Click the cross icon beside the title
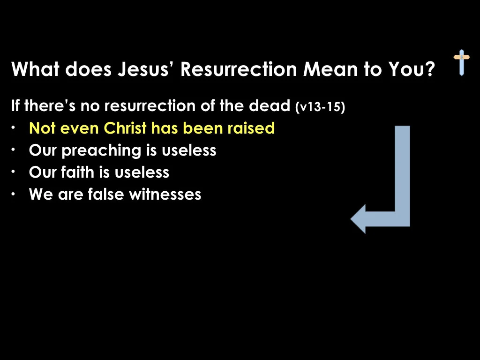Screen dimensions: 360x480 (x=461, y=62)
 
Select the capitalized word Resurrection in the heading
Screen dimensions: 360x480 (x=239, y=70)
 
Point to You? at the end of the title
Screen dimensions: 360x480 (x=411, y=70)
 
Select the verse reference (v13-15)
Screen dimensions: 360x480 (x=320, y=107)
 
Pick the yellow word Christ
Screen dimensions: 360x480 (x=125, y=128)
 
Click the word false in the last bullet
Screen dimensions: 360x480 (x=106, y=194)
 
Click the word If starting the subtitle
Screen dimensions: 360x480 (x=15, y=106)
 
